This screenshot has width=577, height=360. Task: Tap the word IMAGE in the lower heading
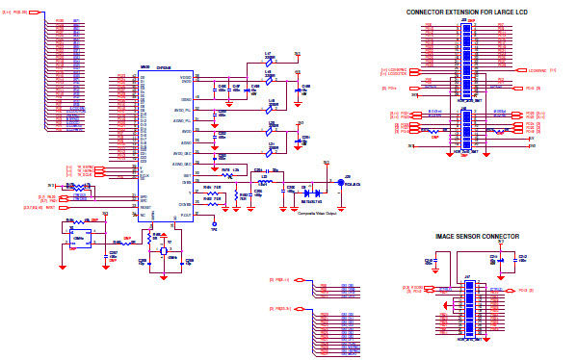pos(446,236)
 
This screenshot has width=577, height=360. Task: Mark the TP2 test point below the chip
pos(214,226)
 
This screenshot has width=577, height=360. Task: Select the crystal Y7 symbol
pos(164,250)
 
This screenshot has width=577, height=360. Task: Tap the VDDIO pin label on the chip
pos(185,75)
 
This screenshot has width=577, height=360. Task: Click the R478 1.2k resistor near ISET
pos(227,174)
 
